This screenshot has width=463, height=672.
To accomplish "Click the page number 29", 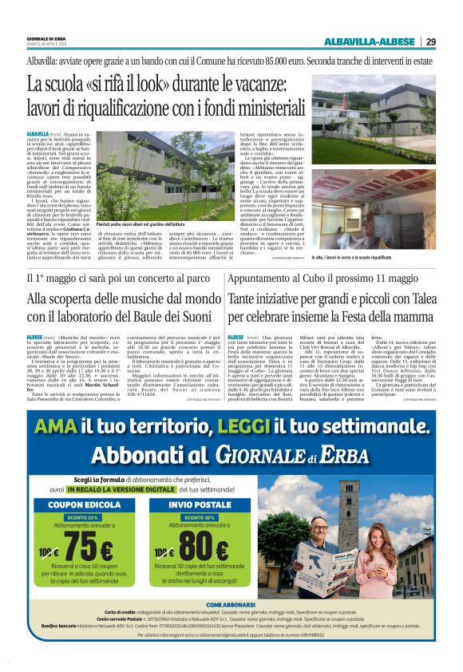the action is pyautogui.click(x=430, y=42).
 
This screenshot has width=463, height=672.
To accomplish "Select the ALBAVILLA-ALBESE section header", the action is pyautogui.click(x=370, y=42).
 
